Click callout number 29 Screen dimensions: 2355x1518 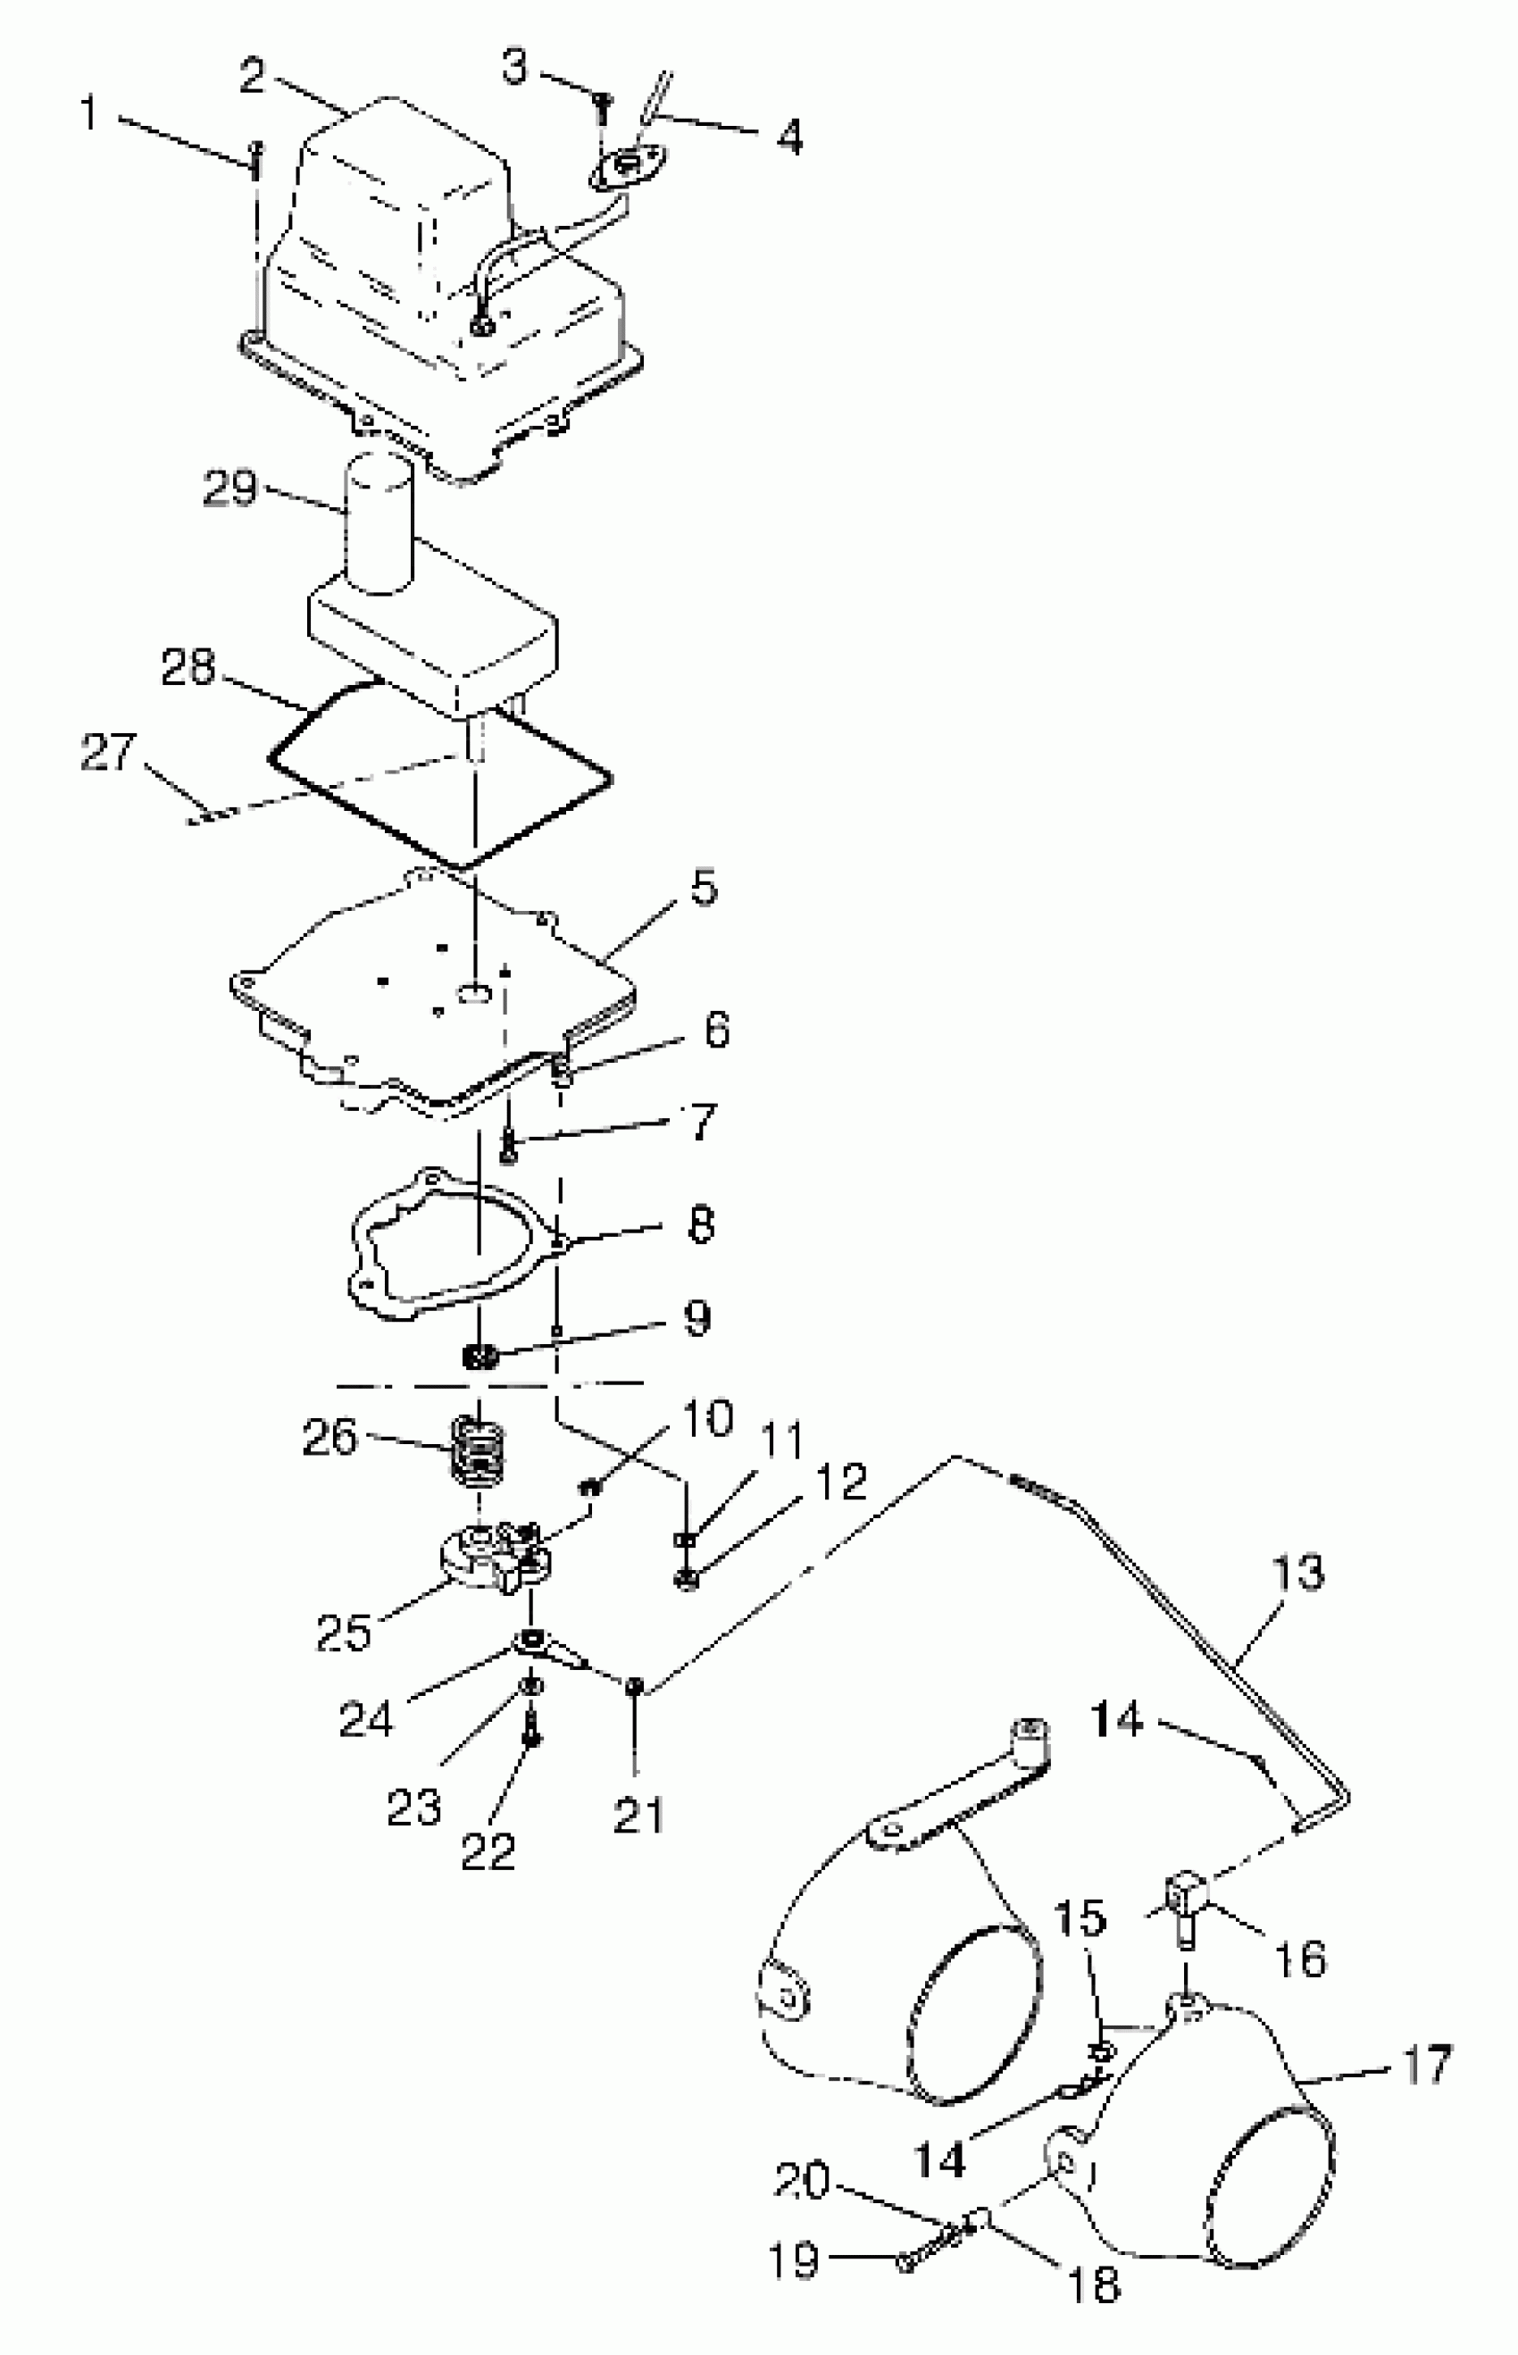pos(229,489)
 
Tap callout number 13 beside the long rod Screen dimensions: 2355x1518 pos(1298,1574)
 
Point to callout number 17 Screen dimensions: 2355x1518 pos(1425,2064)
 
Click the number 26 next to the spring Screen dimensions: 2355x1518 pos(329,1438)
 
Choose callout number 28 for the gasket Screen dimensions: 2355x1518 pos(188,667)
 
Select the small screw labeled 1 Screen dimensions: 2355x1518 pos(256,160)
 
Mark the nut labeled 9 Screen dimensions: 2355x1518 pos(480,1357)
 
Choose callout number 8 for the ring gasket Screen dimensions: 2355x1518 pos(700,1225)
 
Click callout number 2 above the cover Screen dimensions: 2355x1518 pos(254,77)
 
